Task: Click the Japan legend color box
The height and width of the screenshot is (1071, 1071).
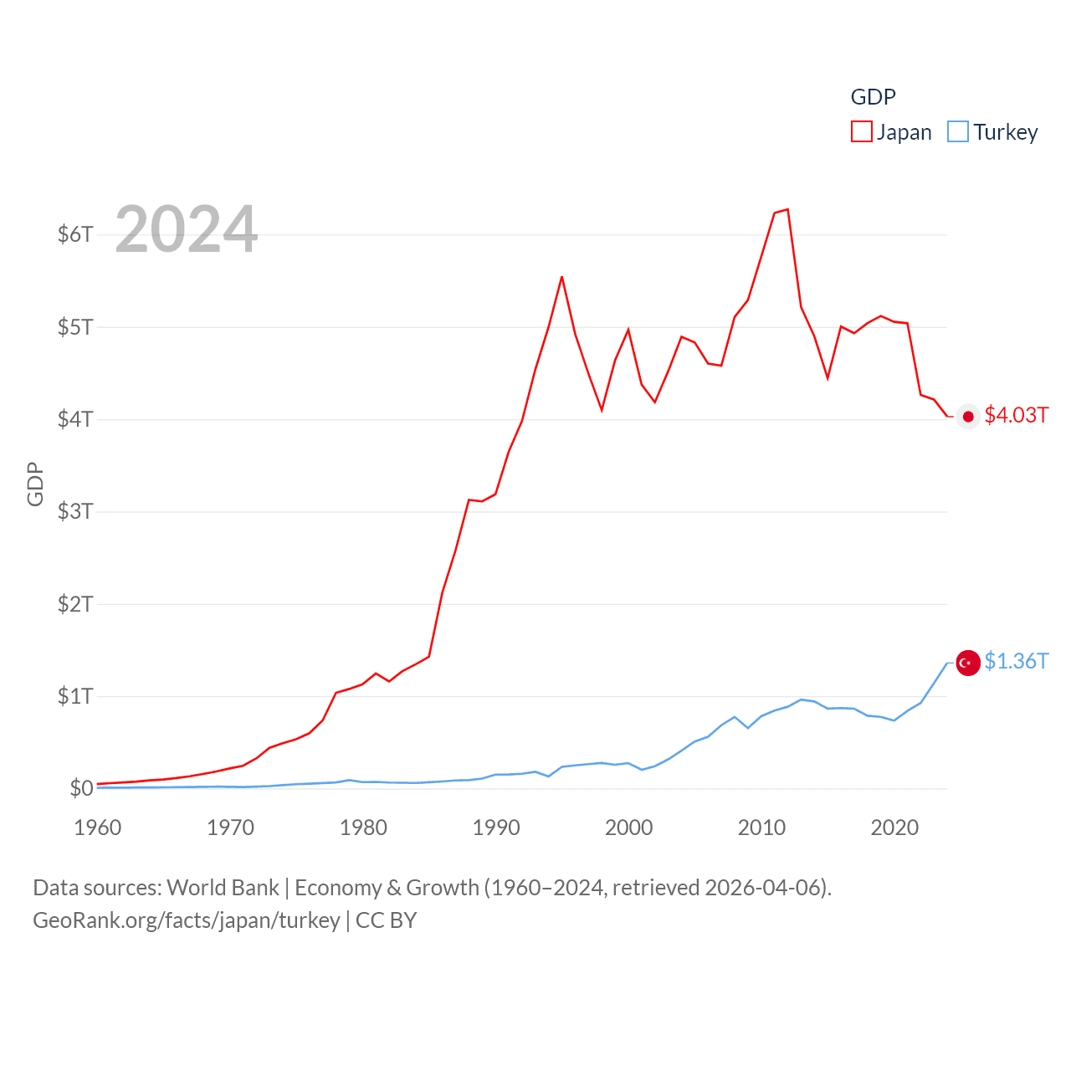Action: pyautogui.click(x=861, y=132)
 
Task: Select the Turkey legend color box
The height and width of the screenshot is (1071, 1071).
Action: pyautogui.click(x=958, y=132)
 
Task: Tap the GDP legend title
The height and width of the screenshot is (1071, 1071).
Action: pyautogui.click(x=873, y=97)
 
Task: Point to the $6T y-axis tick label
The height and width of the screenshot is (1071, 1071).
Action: pyautogui.click(x=75, y=234)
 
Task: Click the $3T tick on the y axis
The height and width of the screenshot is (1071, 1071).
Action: pyautogui.click(x=75, y=511)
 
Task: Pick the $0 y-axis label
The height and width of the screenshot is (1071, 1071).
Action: pyautogui.click(x=81, y=788)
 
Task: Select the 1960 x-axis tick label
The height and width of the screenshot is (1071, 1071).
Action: pyautogui.click(x=98, y=828)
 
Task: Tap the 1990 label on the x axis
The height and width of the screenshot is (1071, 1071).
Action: pyautogui.click(x=496, y=828)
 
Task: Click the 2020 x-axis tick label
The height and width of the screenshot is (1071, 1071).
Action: pyautogui.click(x=894, y=828)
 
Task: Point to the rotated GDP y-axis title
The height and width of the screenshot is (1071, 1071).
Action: pyautogui.click(x=35, y=484)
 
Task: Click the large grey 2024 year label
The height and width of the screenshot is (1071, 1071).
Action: pyautogui.click(x=186, y=229)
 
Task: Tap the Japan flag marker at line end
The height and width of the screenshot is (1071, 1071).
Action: pyautogui.click(x=968, y=417)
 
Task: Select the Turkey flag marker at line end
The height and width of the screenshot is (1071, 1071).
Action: pyautogui.click(x=968, y=663)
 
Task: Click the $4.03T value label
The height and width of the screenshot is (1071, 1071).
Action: pyautogui.click(x=1016, y=416)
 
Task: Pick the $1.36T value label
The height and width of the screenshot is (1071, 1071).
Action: pyautogui.click(x=1016, y=662)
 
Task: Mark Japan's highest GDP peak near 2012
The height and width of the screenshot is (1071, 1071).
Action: pyautogui.click(x=787, y=209)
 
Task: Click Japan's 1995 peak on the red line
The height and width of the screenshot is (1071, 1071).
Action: pyautogui.click(x=561, y=277)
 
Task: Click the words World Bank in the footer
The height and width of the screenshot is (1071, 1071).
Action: pyautogui.click(x=223, y=888)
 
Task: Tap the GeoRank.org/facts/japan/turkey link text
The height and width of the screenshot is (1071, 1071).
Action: pyautogui.click(x=186, y=920)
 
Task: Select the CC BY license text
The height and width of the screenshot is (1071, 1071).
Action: pyautogui.click(x=386, y=920)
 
